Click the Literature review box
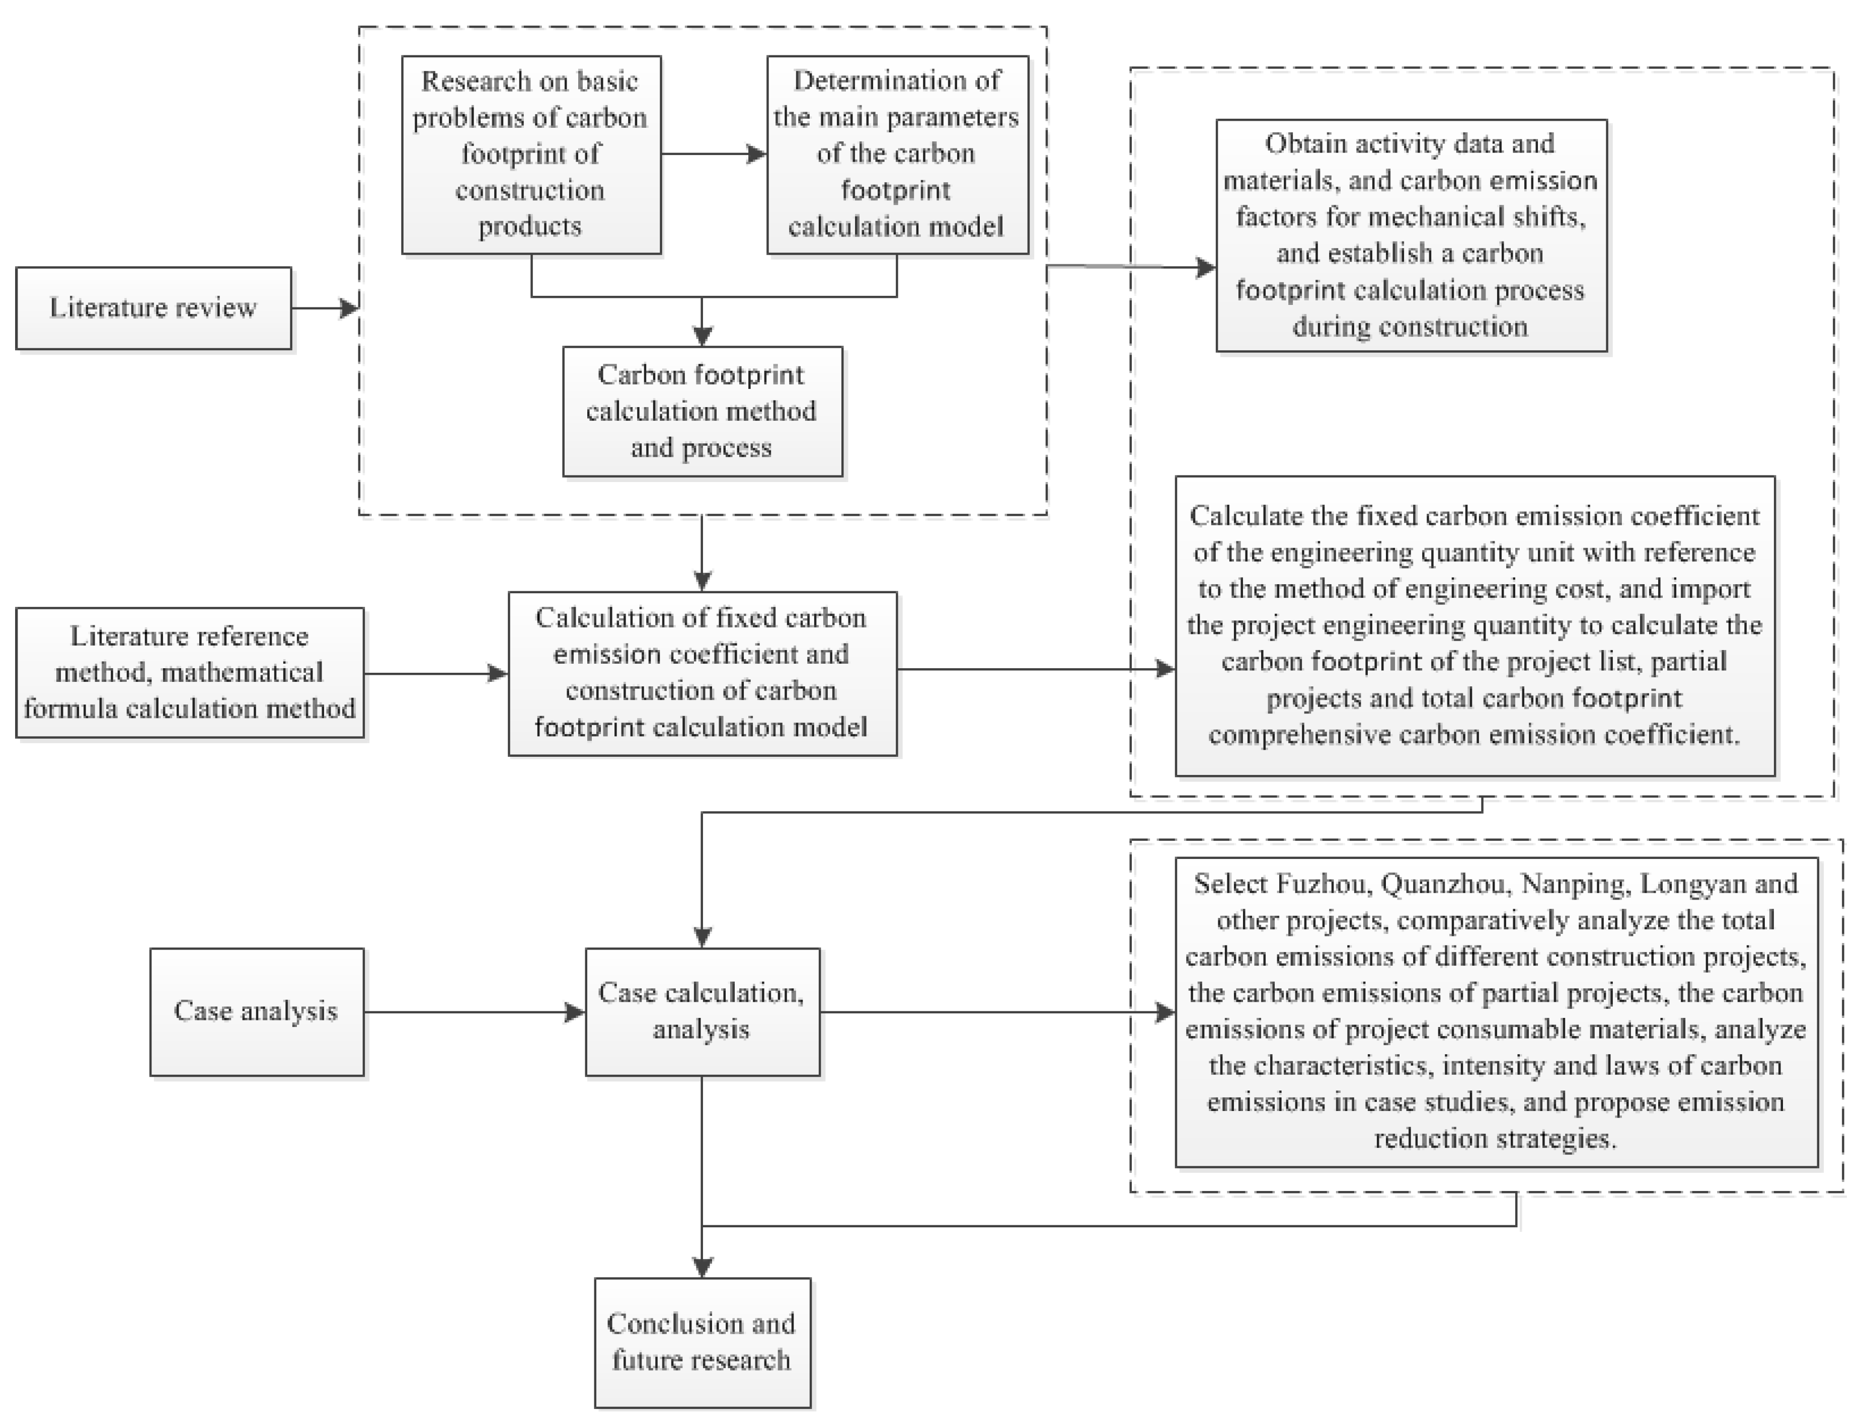153,307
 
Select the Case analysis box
257,1011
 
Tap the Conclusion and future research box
702,1342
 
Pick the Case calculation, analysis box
702,1011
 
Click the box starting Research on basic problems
531,154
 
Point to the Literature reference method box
190,672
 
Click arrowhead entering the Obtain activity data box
1205,268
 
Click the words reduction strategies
1496,1138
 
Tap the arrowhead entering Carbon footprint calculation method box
702,335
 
